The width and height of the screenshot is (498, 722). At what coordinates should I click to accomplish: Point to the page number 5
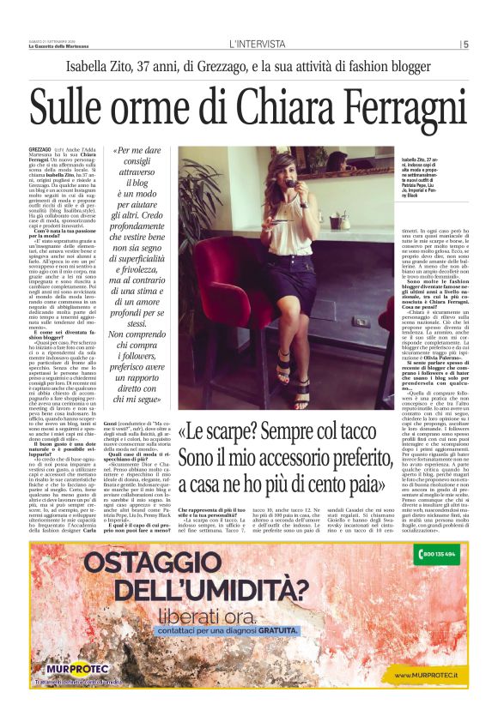click(465, 45)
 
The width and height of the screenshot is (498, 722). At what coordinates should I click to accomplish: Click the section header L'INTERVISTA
click(257, 45)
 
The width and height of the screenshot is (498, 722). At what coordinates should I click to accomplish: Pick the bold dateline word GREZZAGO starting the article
click(40, 149)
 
